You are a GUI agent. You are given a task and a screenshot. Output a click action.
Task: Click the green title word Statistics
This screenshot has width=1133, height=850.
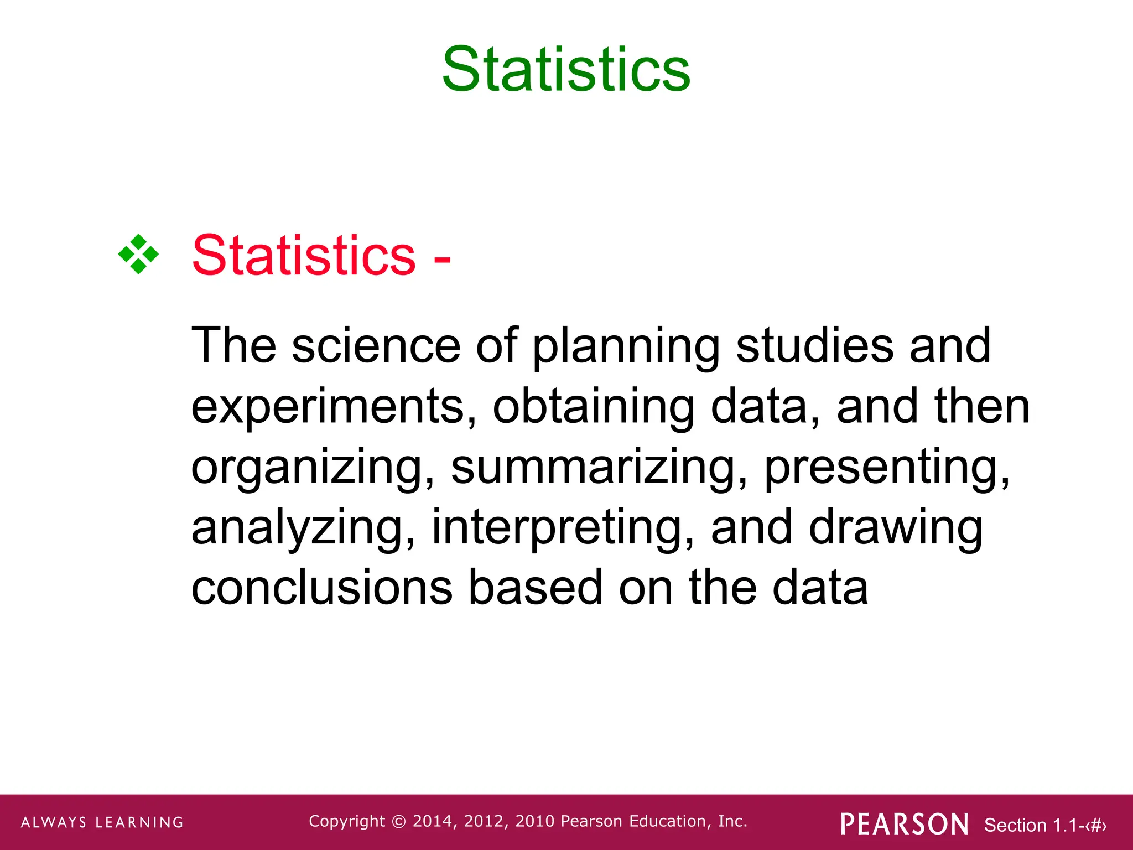pos(566,70)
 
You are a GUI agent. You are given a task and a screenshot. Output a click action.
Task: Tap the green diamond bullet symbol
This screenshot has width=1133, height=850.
pos(138,255)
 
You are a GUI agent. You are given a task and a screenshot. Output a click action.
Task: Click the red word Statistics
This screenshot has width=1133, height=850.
pos(303,255)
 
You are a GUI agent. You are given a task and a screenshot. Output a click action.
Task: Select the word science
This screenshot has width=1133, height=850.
pos(376,345)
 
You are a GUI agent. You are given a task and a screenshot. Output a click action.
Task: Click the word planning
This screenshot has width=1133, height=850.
pos(626,348)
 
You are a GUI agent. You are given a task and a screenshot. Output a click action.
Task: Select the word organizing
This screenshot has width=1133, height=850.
pos(313,468)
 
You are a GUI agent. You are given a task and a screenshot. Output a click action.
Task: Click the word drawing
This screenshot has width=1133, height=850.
pos(896,529)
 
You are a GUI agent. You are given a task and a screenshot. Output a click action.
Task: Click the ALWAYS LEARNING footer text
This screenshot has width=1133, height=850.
pos(102,822)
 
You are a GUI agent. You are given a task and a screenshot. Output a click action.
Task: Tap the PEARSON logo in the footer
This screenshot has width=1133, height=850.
pos(904,824)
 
